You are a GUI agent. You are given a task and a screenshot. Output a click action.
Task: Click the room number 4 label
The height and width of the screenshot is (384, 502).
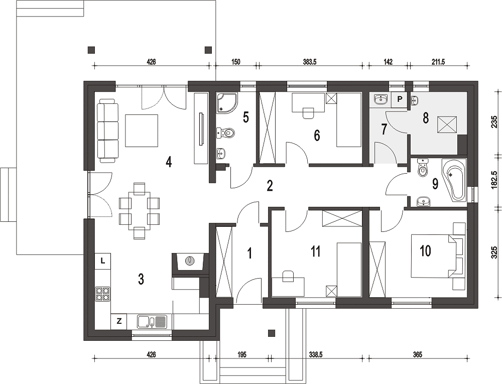169,162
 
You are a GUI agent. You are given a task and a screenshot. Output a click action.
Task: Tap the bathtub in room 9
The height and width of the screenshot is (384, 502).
454,180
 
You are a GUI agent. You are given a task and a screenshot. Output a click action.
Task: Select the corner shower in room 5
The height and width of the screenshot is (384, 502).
227,103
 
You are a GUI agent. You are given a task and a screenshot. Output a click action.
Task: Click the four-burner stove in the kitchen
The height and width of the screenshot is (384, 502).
103,294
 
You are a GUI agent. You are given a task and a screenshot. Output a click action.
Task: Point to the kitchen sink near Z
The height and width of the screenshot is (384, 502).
152,321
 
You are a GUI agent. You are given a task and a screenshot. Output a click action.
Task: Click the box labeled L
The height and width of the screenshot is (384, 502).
103,261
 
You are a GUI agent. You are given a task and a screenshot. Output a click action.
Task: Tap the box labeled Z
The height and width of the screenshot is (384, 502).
119,321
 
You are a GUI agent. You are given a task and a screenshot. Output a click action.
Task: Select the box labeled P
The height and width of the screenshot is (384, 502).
399,99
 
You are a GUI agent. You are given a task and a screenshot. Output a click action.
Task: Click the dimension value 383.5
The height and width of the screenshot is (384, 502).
310,62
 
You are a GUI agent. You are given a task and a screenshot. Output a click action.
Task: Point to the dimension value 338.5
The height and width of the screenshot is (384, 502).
316,354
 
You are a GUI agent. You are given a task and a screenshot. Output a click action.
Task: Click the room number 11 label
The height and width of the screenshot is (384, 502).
315,252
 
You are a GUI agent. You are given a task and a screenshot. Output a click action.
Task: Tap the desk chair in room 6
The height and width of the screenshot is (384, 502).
308,113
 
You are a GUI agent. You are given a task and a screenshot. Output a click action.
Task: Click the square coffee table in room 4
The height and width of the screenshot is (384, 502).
142,131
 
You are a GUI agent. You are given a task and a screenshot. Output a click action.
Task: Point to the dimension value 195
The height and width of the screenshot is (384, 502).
242,354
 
